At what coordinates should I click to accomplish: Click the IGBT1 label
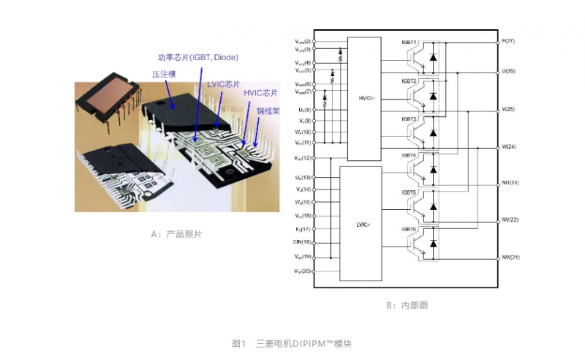409,42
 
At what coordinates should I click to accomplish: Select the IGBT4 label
409,155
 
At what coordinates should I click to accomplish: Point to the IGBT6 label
409,230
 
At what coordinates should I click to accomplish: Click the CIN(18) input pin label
302,241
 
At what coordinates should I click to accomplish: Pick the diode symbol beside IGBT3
433,133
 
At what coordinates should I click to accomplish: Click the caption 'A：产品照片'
175,234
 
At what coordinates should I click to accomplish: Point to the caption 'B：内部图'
405,305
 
